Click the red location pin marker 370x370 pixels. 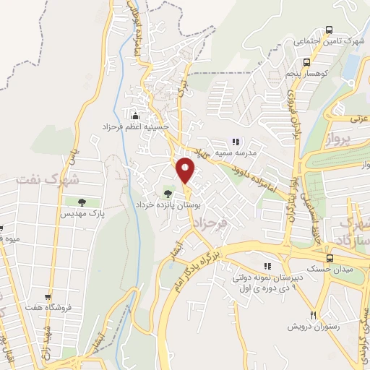pos(186,171)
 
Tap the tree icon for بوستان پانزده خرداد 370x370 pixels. pos(168,193)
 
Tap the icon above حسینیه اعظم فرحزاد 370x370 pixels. pos(134,114)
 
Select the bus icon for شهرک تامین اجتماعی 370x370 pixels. pos(330,30)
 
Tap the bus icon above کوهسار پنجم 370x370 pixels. pos(307,61)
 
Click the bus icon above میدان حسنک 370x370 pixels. pos(330,257)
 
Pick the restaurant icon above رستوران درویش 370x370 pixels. pos(313,315)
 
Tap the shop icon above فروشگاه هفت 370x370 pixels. pos(48,297)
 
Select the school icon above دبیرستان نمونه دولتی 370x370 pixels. pos(267,265)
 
